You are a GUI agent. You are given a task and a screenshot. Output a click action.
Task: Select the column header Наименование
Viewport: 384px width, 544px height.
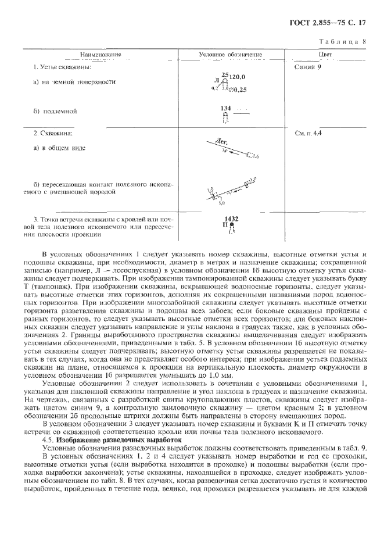[x=92, y=55]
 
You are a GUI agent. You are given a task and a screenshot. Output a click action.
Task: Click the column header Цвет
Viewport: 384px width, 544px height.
[x=325, y=55]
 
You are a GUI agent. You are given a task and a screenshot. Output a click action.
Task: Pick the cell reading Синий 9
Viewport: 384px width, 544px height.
[x=308, y=67]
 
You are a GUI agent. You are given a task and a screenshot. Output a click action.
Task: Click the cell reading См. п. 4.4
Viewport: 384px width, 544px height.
[x=308, y=133]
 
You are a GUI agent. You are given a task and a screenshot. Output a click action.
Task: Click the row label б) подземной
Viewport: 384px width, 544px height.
[x=55, y=110]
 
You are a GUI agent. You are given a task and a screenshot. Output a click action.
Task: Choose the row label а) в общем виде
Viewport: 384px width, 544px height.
[x=60, y=148]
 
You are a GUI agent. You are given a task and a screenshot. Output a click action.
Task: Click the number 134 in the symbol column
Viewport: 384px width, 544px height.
[x=226, y=108]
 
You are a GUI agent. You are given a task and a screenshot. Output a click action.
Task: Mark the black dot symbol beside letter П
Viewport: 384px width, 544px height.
[x=231, y=225]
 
